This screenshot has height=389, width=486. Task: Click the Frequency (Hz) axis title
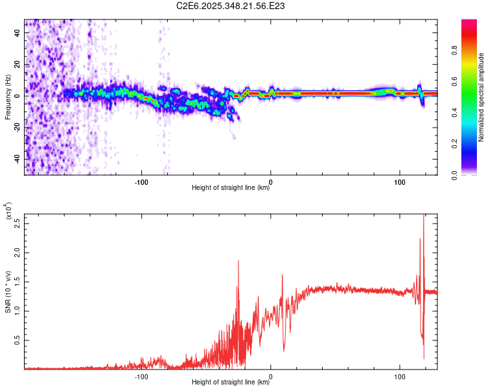tap(8, 97)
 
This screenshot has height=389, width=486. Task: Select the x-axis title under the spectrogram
tap(231, 188)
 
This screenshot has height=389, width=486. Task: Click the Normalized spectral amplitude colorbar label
tap(481, 97)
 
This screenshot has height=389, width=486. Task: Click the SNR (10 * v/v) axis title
tap(8, 292)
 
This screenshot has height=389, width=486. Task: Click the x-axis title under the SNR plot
tap(231, 383)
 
